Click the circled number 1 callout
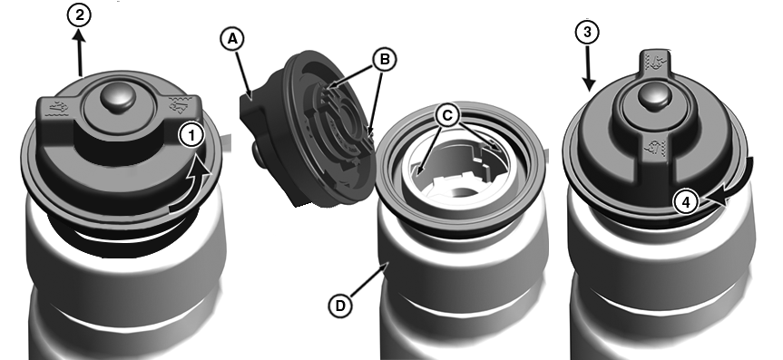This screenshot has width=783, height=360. [x=192, y=135]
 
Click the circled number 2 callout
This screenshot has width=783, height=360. [x=79, y=15]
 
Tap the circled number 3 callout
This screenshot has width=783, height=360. [x=587, y=33]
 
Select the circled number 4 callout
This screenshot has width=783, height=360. [x=686, y=202]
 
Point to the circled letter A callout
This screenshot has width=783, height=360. [x=232, y=39]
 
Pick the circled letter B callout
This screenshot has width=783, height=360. [x=384, y=60]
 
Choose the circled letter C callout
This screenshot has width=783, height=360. [x=447, y=116]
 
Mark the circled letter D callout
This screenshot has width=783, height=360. [x=340, y=305]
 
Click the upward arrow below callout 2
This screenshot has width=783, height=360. [x=80, y=53]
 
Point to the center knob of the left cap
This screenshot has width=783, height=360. [x=117, y=98]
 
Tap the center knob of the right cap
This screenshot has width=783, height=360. [x=652, y=97]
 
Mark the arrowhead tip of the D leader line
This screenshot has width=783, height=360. [x=387, y=264]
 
